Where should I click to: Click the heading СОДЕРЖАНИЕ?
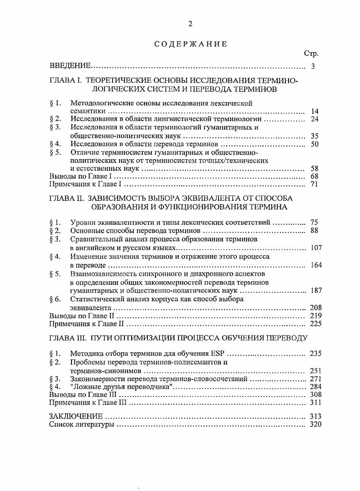point(190,44)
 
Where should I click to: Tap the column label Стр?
point(311,54)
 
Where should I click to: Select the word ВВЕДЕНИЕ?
point(70,67)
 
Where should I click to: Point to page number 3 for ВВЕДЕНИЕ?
point(313,67)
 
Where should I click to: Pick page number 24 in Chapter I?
point(315,119)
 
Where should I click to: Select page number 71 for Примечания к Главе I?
point(315,184)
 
